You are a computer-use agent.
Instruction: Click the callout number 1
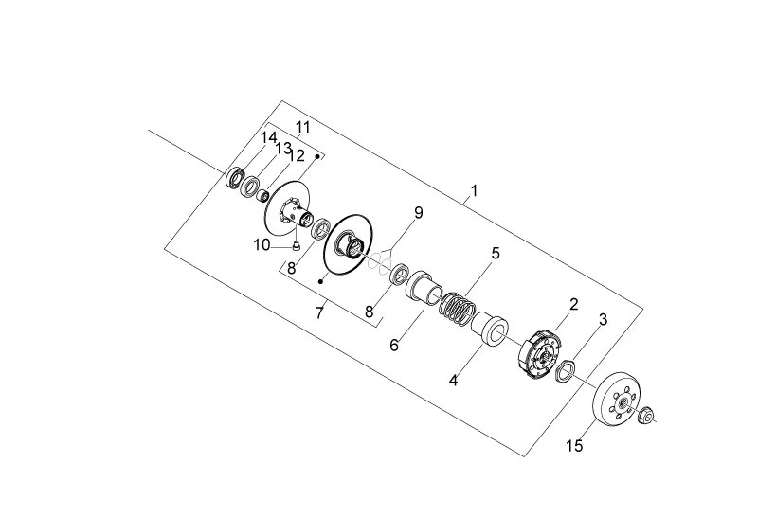[475, 191]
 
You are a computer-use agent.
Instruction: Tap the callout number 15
[574, 445]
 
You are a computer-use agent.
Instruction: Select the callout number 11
[302, 128]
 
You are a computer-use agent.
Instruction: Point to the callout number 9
[418, 213]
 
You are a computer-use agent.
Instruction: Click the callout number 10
[262, 245]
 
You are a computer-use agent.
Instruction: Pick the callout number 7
[318, 313]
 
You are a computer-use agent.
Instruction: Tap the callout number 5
[496, 253]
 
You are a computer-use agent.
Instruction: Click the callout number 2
[574, 304]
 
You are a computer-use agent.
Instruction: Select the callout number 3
[603, 319]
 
